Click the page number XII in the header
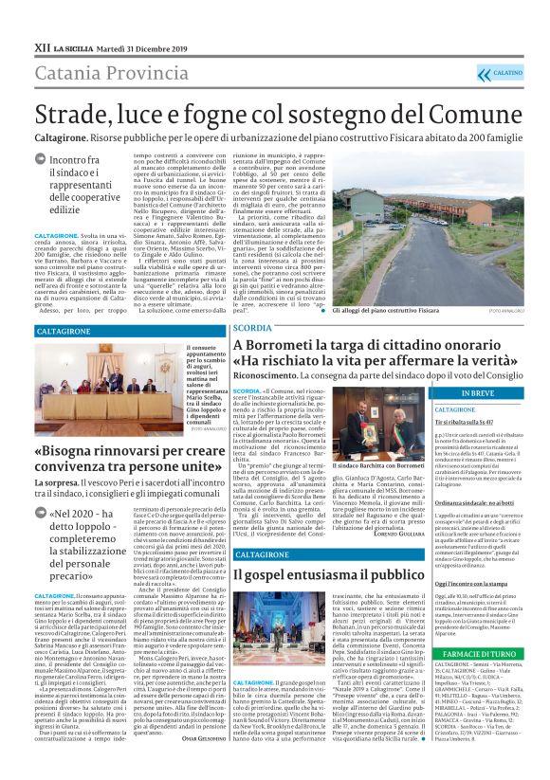[x=41, y=45]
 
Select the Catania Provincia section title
[x=105, y=73]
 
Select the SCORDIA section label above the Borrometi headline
[x=253, y=327]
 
